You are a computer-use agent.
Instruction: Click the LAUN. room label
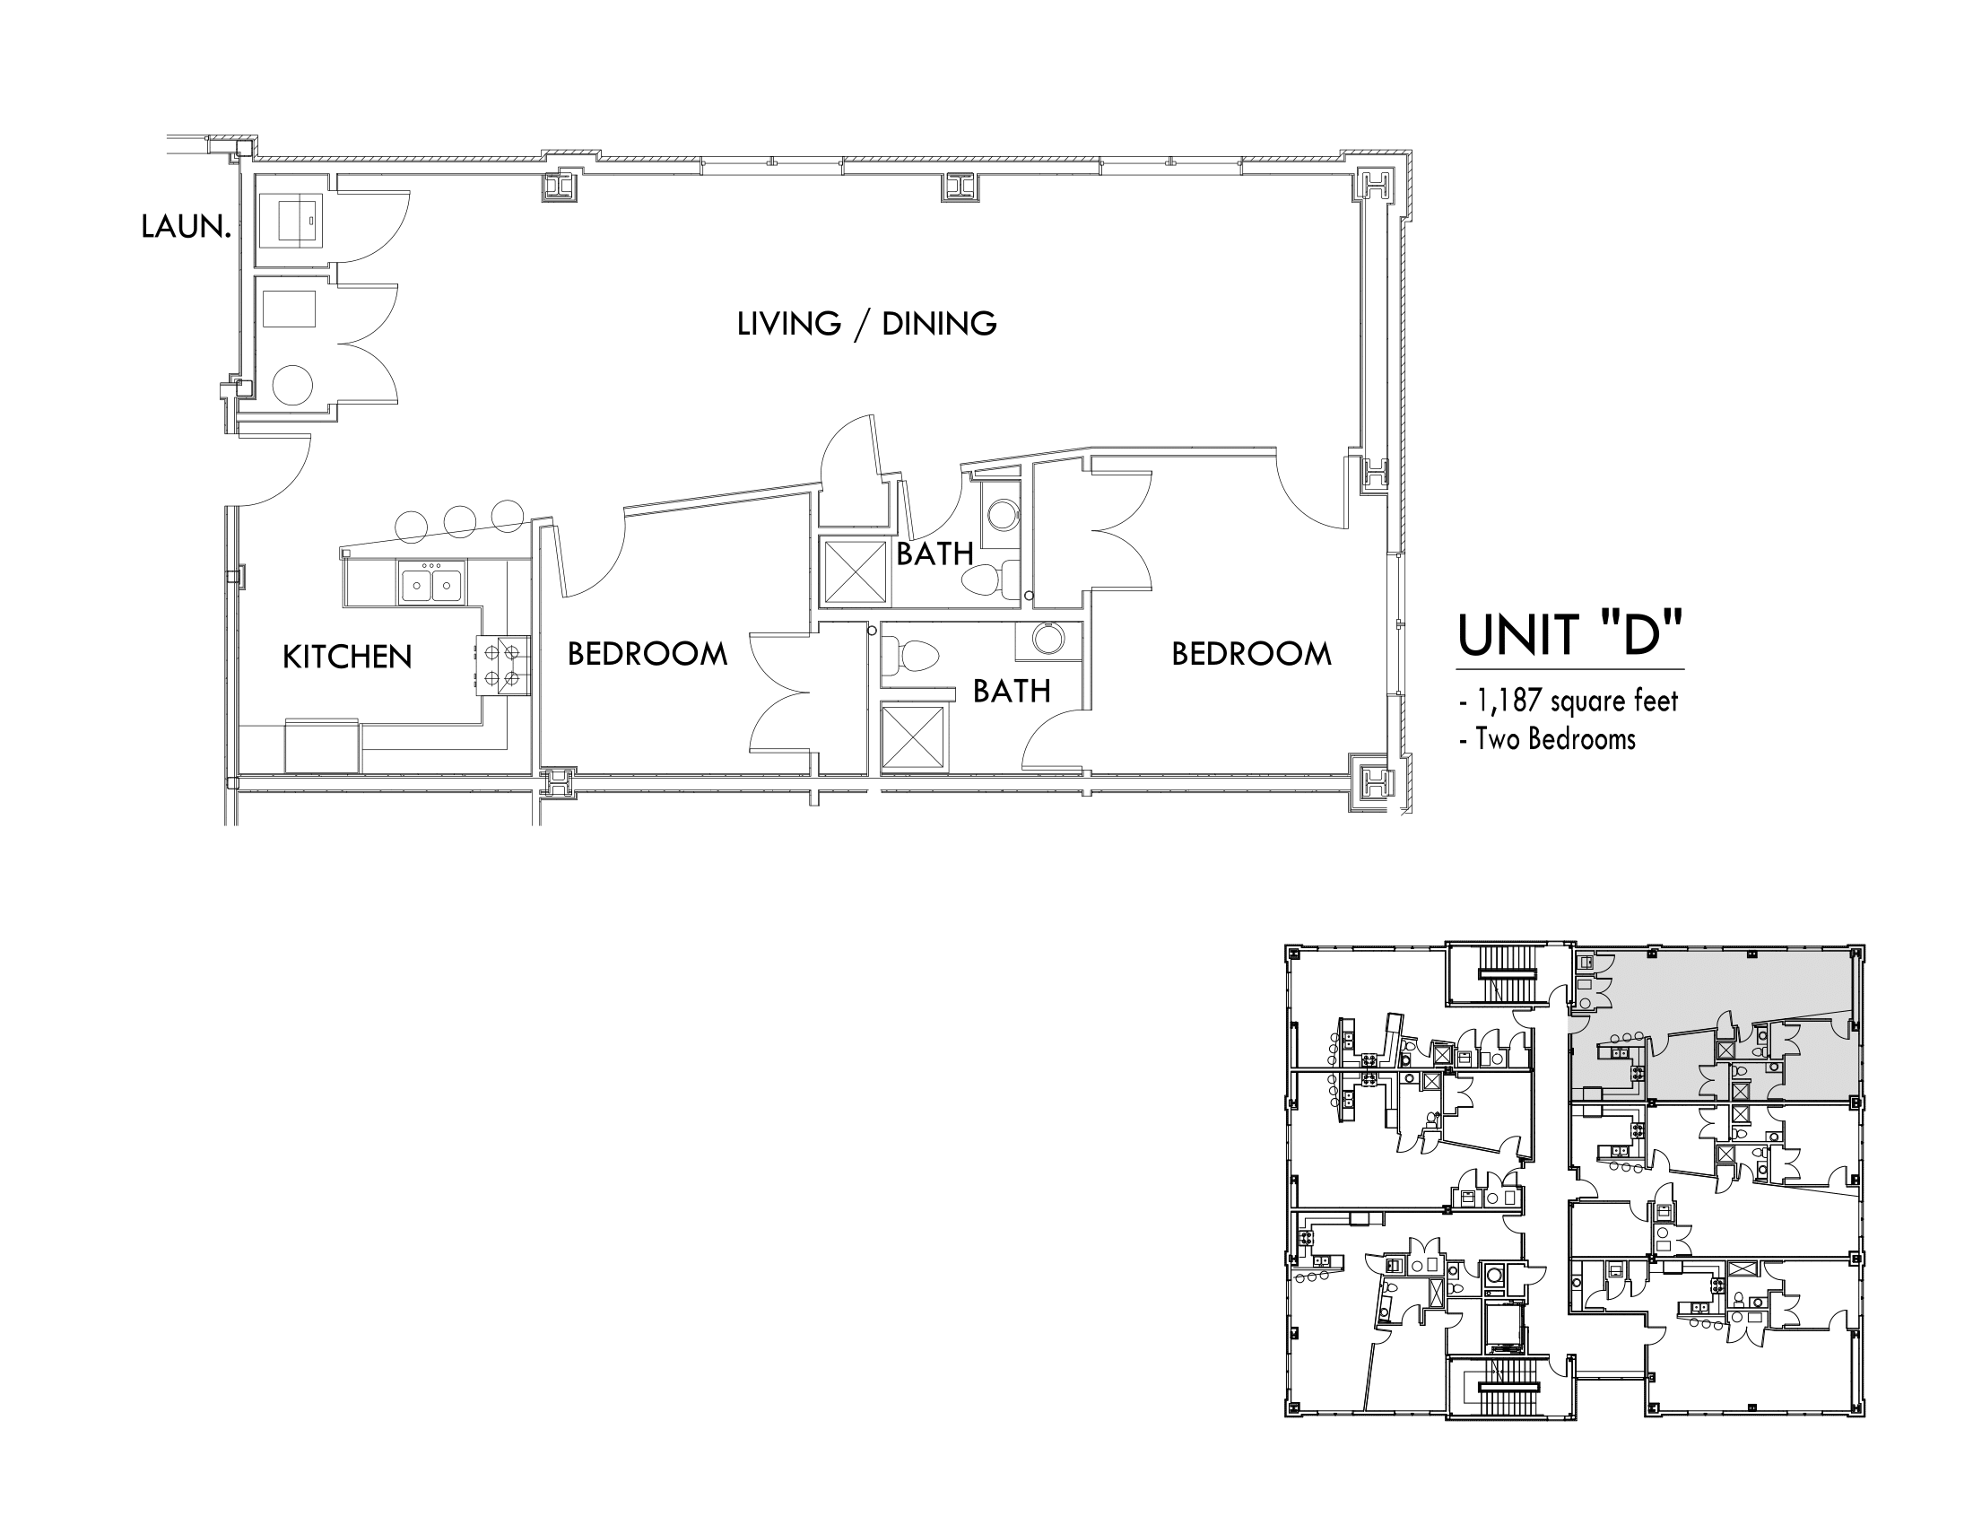pos(186,226)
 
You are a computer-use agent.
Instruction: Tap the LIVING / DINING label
pos(866,324)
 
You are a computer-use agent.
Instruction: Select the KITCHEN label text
pos(347,657)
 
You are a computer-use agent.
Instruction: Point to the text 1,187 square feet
pos(1577,701)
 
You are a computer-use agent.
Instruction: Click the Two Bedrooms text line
pos(1556,739)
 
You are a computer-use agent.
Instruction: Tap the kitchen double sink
pos(430,582)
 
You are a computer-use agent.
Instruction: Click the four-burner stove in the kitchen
pos(502,666)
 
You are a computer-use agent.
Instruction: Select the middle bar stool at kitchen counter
pos(459,521)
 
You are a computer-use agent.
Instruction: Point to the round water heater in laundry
pos(291,385)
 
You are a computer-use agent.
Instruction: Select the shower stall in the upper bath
pos(854,571)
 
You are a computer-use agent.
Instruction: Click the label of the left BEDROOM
pos(647,654)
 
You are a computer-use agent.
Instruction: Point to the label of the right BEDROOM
pos(1251,654)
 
